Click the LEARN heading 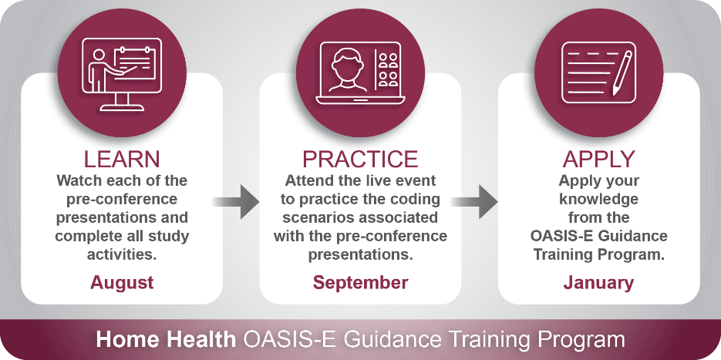point(122,159)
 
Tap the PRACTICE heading point(360,159)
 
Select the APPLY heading point(598,159)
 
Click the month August point(122,282)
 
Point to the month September point(361,282)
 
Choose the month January point(598,282)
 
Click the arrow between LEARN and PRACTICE point(236,202)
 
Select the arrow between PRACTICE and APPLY point(474,202)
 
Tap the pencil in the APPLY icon point(622,73)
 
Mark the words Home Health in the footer point(166,339)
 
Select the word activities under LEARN point(122,254)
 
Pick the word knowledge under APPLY point(598,200)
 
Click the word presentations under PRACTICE point(361,254)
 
